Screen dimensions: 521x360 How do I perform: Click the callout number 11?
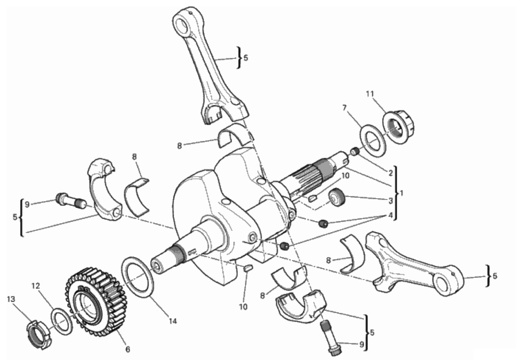tap(370, 94)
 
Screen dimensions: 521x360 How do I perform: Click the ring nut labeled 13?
tap(39, 334)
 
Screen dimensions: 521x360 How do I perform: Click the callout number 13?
tap(11, 299)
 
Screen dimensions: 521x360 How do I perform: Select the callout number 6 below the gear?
tap(127, 349)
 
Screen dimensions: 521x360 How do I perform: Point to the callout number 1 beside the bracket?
tap(402, 193)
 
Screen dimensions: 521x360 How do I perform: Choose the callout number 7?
tap(344, 108)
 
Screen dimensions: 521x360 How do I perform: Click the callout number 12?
tap(36, 286)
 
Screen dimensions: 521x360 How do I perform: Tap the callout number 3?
tap(391, 201)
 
